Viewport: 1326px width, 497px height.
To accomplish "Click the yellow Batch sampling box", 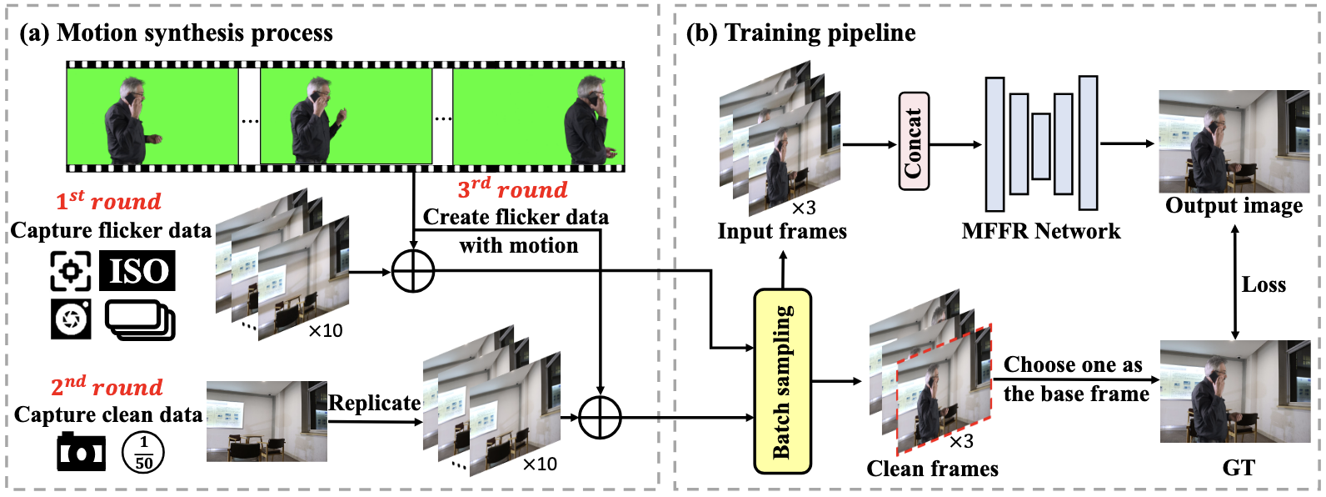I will tap(782, 381).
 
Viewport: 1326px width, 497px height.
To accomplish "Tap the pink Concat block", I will tap(914, 141).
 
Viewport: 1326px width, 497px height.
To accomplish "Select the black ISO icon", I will tap(137, 271).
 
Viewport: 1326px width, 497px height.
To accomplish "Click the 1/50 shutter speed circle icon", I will tap(143, 452).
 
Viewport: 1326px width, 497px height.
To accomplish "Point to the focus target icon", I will tap(71, 270).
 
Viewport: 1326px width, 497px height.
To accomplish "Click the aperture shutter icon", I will tap(71, 319).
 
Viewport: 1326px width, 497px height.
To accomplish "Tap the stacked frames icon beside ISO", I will tap(140, 320).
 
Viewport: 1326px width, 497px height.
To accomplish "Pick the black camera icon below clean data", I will tap(81, 452).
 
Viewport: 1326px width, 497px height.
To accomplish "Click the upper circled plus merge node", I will tap(413, 271).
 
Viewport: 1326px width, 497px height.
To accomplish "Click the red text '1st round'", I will tap(108, 201).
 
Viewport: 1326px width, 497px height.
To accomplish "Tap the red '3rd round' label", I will tap(512, 189).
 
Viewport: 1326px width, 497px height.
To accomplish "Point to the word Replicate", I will tap(374, 404).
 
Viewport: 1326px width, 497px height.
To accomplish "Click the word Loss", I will tap(1264, 285).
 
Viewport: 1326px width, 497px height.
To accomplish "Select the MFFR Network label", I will tap(1040, 231).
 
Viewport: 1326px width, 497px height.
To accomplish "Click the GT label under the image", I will tap(1238, 468).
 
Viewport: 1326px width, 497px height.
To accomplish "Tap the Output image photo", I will tap(1234, 142).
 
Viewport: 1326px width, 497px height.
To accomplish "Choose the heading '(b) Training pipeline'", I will tap(800, 33).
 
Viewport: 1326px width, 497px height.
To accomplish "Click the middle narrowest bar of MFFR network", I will tap(1040, 146).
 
